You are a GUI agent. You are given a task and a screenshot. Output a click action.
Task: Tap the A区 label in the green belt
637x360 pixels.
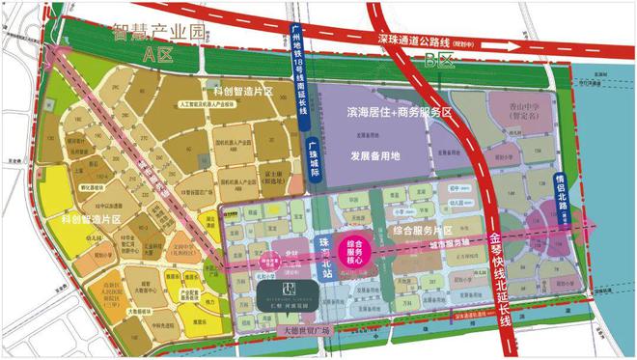pos(152,55)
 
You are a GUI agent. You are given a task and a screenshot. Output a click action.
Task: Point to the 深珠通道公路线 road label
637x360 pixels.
pos(425,42)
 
